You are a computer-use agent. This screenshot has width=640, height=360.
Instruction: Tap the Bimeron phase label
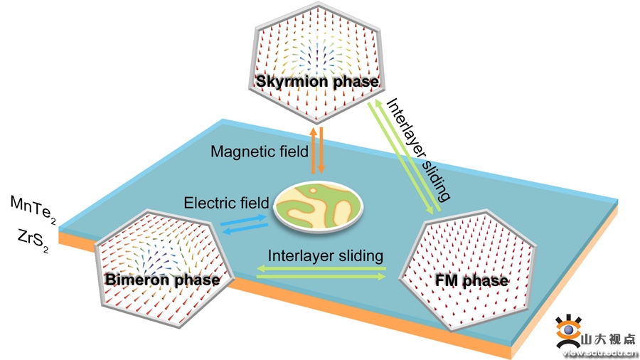point(162,280)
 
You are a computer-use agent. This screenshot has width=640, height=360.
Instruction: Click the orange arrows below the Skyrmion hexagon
point(317,149)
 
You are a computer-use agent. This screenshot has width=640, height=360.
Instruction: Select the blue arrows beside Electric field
point(245,226)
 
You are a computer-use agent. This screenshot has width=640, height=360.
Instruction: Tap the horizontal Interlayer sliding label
point(326,255)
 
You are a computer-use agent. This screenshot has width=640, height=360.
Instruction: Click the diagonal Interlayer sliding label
point(418,151)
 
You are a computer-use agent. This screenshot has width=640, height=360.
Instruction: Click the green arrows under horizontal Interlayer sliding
point(321,271)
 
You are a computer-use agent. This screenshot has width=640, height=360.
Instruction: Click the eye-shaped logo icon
point(567,331)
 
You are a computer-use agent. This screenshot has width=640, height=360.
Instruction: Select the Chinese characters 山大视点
point(608,339)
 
